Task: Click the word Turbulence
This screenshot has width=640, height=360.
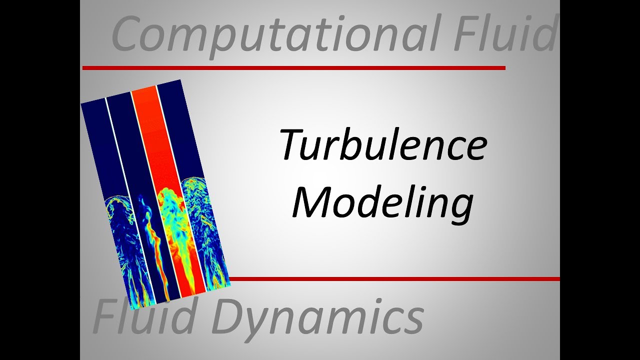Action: point(383,145)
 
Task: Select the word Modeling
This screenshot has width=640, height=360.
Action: point(382,202)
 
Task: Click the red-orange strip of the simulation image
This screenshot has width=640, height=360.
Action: point(160,140)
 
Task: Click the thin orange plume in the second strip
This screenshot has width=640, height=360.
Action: point(152,240)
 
